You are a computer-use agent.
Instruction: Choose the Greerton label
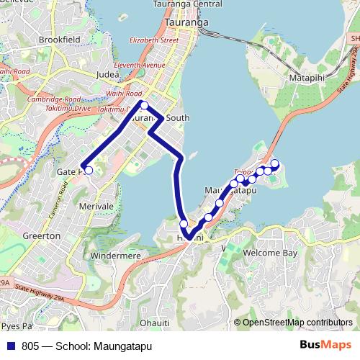point(42,235)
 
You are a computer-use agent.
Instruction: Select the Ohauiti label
point(155,322)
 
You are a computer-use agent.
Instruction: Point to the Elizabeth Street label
point(153,40)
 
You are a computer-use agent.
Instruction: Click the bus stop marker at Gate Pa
point(89,171)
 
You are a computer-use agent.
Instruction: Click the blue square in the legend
point(11,346)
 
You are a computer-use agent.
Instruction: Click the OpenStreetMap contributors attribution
point(293,322)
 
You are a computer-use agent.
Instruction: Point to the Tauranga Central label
point(187,4)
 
